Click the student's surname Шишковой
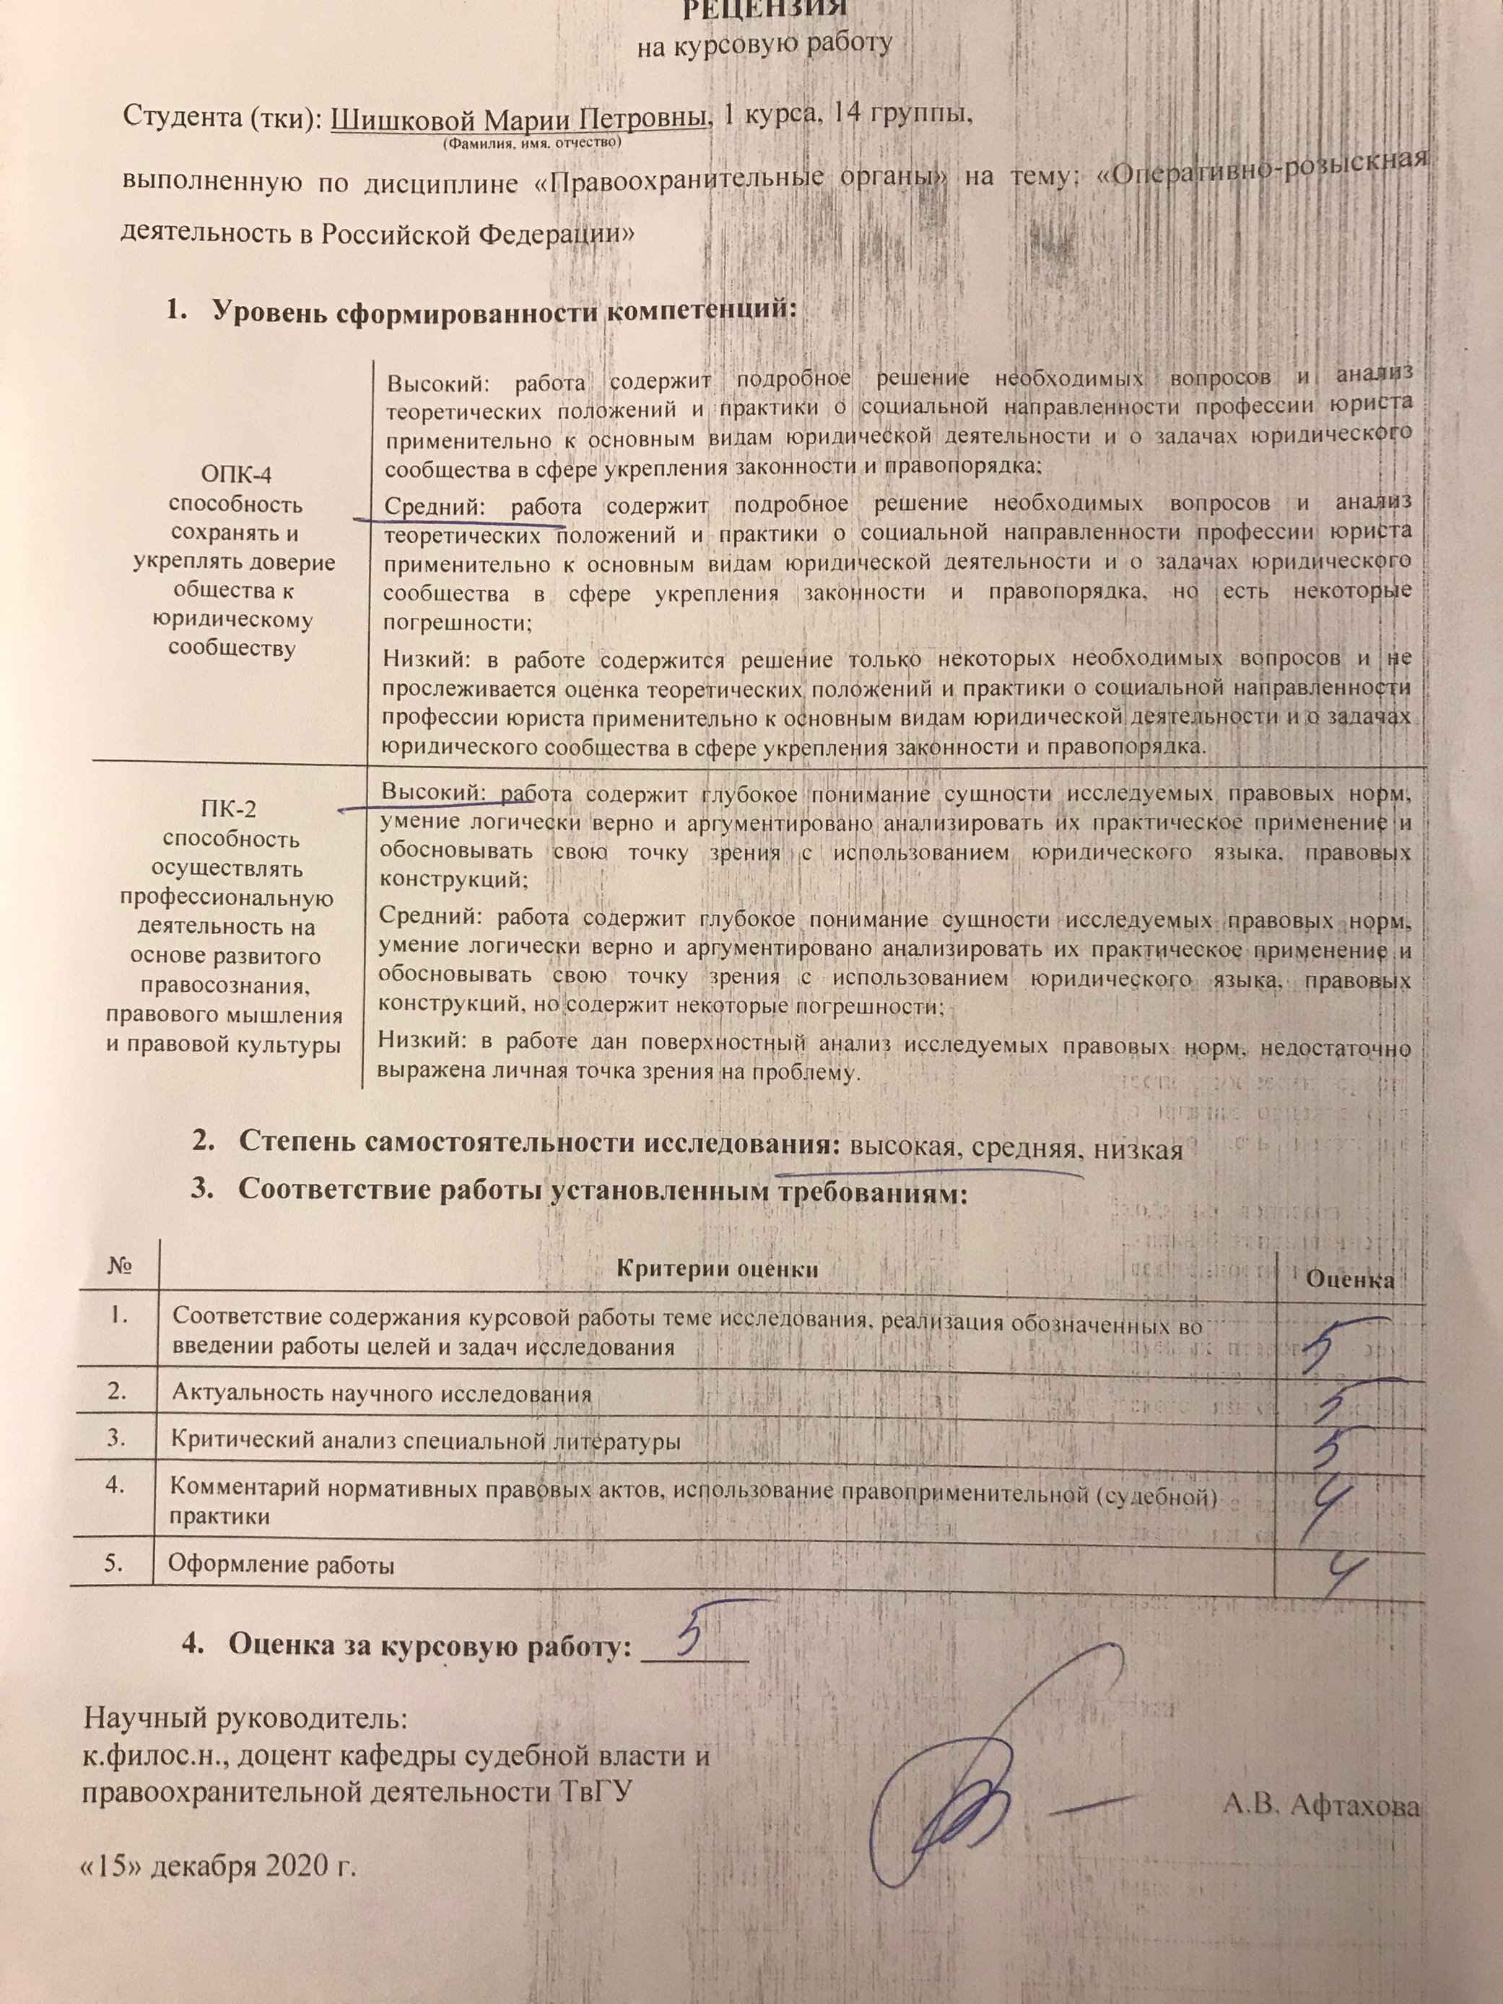403,118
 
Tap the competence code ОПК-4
235,475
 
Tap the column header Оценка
1349,1279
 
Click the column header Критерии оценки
717,1269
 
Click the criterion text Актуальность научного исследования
381,1420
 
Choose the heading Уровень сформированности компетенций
504,310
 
